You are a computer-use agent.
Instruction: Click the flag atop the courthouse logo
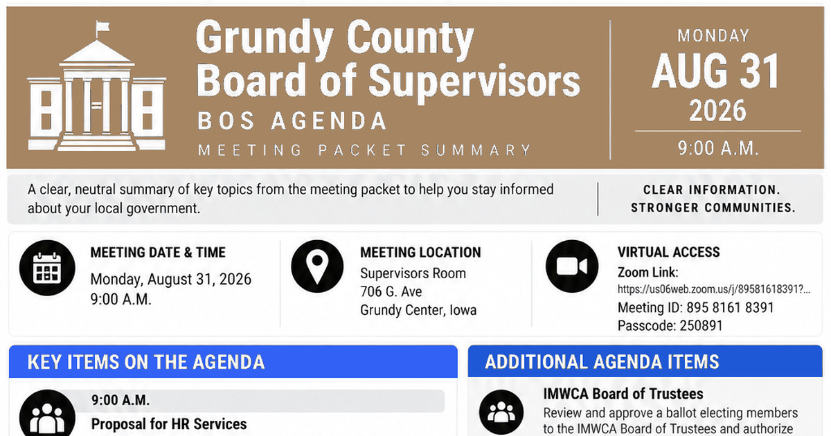[x=102, y=27]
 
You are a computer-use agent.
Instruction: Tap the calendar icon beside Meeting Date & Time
[x=47, y=268]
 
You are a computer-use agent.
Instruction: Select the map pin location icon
[x=317, y=266]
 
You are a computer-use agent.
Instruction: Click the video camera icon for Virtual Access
[x=572, y=266]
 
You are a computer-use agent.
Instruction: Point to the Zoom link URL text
[x=714, y=289]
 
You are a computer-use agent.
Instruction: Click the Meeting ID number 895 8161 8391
[x=730, y=308]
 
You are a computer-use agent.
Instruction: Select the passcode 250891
[x=701, y=326]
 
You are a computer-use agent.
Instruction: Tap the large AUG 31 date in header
[x=715, y=71]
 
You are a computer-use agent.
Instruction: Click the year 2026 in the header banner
[x=717, y=111]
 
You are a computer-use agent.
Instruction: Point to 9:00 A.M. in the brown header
[x=718, y=148]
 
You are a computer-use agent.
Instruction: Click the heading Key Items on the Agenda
[x=146, y=362]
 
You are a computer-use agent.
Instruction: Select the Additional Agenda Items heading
[x=602, y=362]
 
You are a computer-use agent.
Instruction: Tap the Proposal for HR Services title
[x=169, y=424]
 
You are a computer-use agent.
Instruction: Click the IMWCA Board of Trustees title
[x=623, y=394]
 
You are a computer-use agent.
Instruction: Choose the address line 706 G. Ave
[x=391, y=292]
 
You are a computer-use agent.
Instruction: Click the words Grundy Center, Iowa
[x=418, y=310]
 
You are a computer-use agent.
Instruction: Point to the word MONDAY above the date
[x=713, y=36]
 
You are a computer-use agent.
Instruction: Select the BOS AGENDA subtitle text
[x=292, y=121]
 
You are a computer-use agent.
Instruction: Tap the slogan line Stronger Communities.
[x=713, y=208]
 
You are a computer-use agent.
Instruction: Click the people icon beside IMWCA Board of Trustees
[x=501, y=412]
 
